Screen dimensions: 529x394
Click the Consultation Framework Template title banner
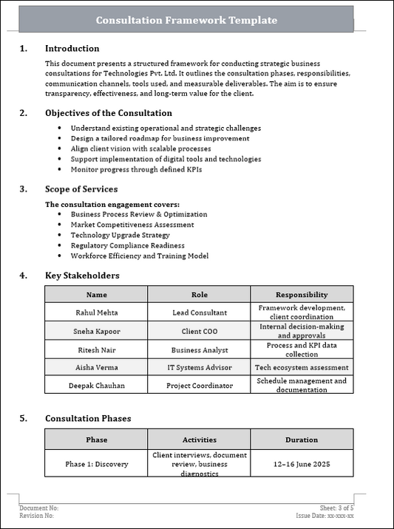point(186,20)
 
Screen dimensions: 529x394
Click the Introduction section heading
point(72,49)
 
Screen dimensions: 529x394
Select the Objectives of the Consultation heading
point(108,113)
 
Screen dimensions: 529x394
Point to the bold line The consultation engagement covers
point(112,204)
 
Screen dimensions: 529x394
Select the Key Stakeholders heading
point(81,276)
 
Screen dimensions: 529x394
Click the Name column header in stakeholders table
point(96,294)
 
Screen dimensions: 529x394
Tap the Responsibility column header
point(301,294)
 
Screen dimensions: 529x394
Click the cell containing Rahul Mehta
point(96,313)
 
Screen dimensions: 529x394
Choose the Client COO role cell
point(199,331)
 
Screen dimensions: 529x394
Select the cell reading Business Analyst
point(199,349)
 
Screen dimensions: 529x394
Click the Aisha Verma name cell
point(96,367)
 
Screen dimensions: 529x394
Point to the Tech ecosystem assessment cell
point(301,367)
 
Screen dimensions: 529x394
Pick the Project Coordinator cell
point(199,386)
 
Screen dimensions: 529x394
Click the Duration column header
point(301,440)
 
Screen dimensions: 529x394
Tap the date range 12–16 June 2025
point(301,464)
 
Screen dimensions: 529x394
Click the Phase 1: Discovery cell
point(96,464)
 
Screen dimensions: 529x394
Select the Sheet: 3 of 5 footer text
point(337,508)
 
